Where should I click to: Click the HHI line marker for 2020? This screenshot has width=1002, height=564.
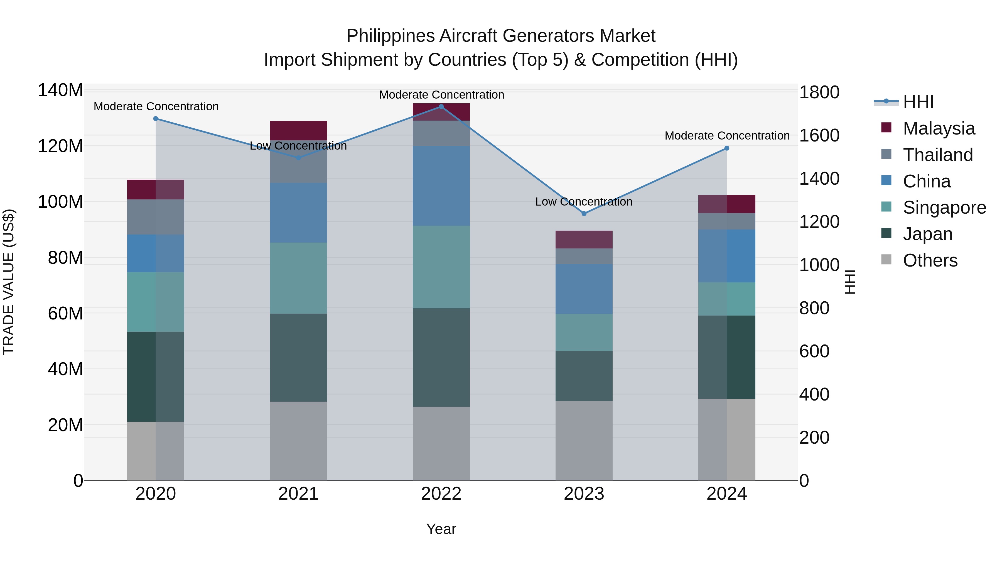(156, 118)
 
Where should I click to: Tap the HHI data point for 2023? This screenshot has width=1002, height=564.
(584, 213)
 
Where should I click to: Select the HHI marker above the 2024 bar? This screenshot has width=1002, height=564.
(727, 148)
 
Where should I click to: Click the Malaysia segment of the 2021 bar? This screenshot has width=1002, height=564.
(298, 130)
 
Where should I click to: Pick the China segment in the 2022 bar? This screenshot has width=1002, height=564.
(441, 186)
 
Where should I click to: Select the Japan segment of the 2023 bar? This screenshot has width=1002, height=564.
(584, 376)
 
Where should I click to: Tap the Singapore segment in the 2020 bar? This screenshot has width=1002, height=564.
(156, 302)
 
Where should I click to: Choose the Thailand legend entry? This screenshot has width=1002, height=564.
(937, 155)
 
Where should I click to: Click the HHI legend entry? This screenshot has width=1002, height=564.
(918, 102)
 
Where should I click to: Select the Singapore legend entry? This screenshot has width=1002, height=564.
(944, 207)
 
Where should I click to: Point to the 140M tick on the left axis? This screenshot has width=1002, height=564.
(60, 90)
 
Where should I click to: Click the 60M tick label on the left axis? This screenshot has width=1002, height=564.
(65, 313)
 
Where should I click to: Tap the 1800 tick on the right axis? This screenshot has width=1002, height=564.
(819, 93)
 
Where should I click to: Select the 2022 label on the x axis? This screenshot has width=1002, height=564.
(441, 494)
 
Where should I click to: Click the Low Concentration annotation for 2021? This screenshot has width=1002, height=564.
(298, 146)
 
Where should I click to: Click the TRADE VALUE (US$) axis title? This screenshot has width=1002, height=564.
(9, 282)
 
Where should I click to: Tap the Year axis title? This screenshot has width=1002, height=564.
(441, 529)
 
